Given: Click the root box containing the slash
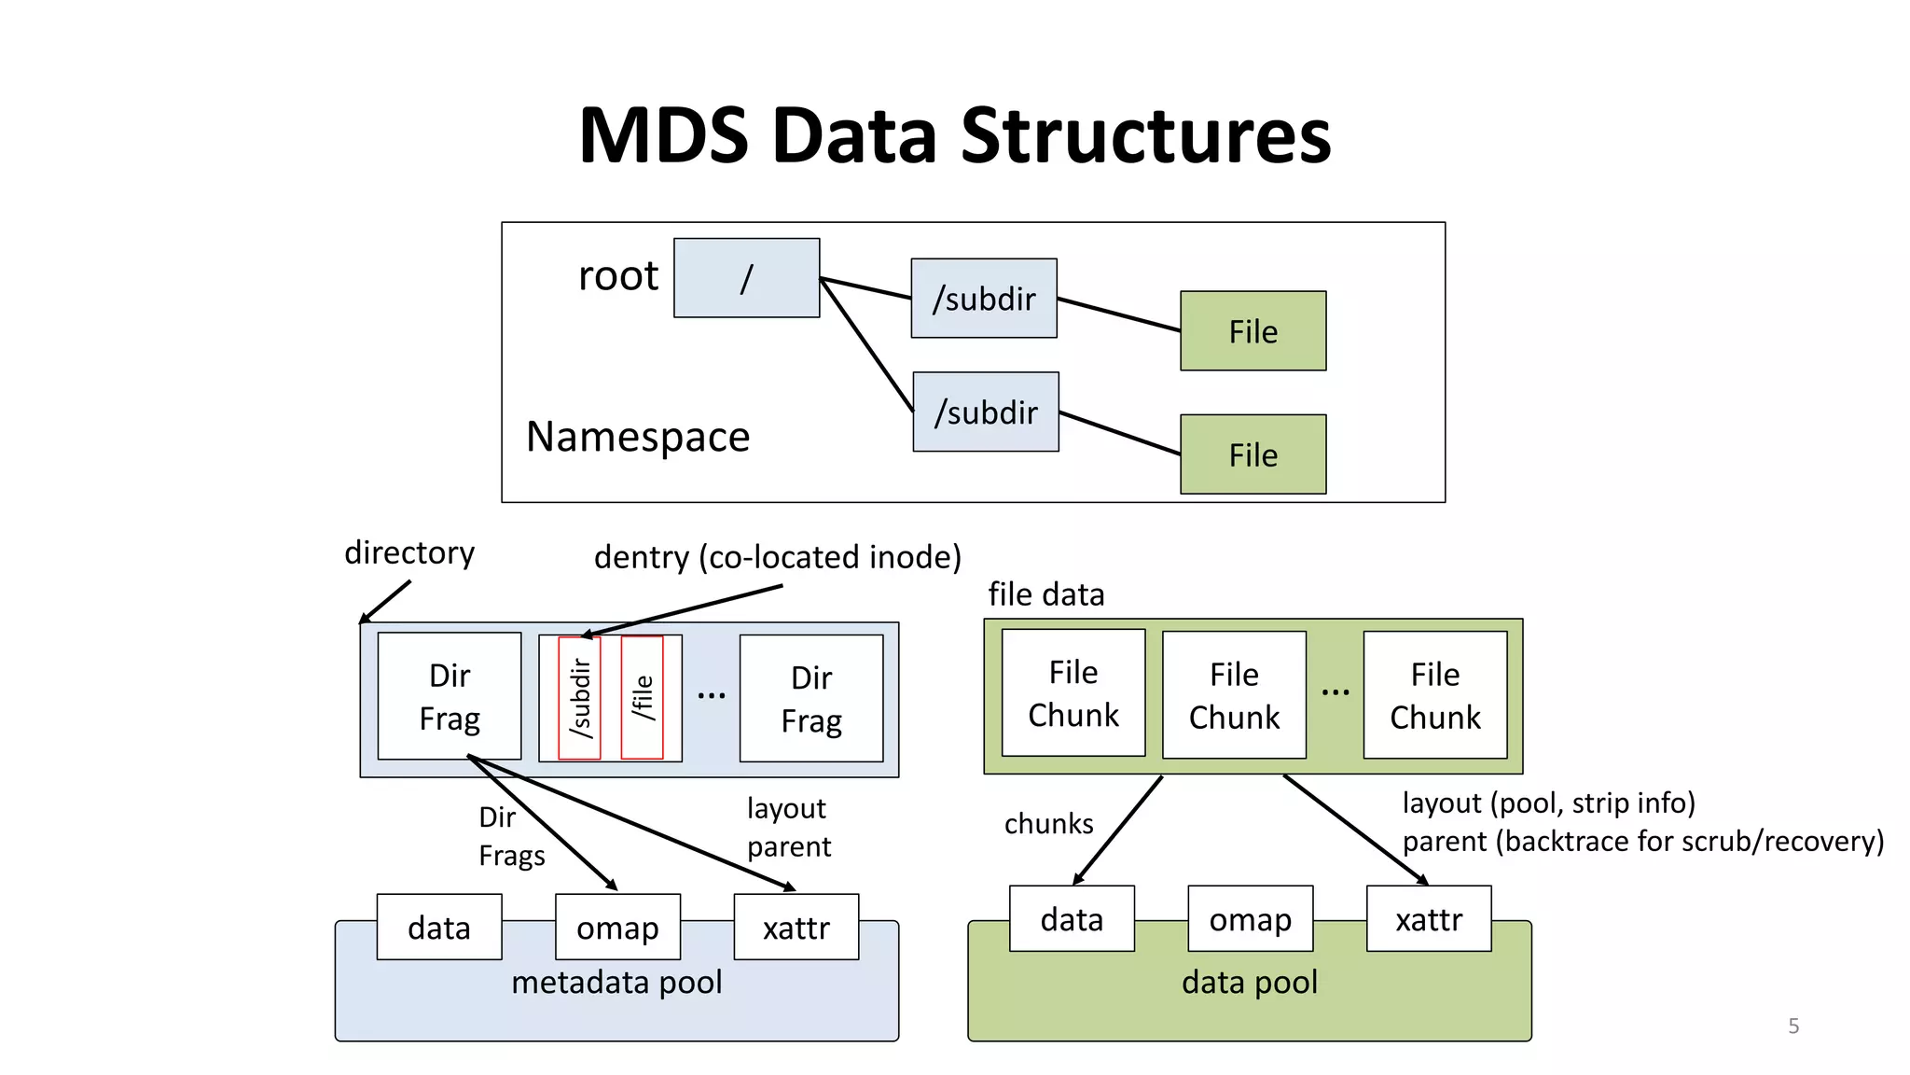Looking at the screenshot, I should [746, 278].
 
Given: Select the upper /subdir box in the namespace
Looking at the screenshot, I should [984, 299].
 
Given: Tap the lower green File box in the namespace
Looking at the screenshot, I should [1253, 454].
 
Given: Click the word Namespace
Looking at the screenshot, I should [638, 437].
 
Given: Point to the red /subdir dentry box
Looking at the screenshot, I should [579, 698].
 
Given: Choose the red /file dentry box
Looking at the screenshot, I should [642, 698].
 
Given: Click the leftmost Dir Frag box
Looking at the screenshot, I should [450, 696].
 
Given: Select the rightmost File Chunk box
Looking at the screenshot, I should [1434, 695].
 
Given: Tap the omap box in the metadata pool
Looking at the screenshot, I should [617, 928].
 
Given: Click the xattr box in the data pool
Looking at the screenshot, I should [1429, 919].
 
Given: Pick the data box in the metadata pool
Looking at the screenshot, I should [439, 928].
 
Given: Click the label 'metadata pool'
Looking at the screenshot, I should [616, 982].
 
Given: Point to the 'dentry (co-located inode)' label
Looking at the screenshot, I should [777, 557].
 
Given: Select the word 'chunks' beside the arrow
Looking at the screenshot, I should [1048, 824].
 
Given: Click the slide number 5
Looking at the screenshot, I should [1793, 1026].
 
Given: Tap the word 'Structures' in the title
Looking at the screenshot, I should [1145, 136].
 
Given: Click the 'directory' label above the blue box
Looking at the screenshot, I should [409, 552].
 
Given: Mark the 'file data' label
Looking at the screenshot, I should [1045, 594].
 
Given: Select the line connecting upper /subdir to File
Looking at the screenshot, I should [1119, 314].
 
